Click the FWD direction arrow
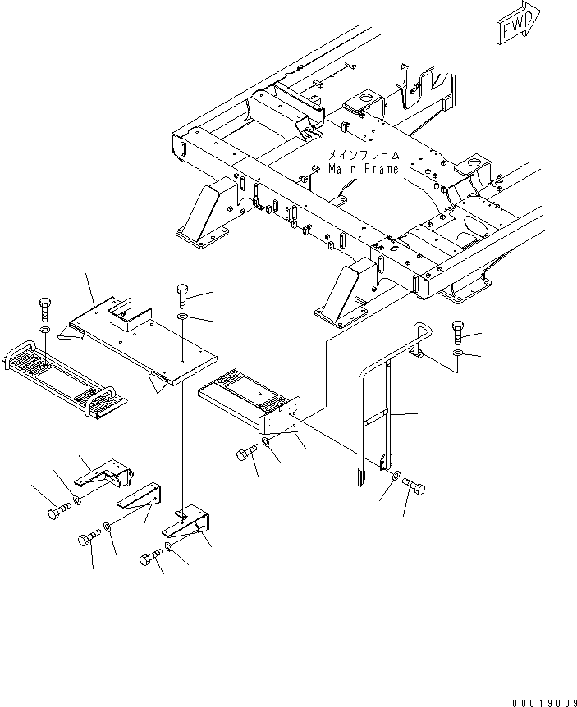pos(518,23)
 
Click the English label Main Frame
pos(364,169)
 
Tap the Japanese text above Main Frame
pos(364,155)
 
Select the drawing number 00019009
pos(544,703)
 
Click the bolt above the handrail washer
pos(457,331)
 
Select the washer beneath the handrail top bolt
pos(457,352)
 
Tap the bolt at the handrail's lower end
pos(414,486)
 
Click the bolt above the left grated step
pos(45,309)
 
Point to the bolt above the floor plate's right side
pos(182,296)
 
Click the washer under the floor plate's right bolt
pos(182,317)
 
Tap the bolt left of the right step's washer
pos(248,452)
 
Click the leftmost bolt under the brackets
pos(58,511)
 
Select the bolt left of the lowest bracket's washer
pos(151,557)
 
